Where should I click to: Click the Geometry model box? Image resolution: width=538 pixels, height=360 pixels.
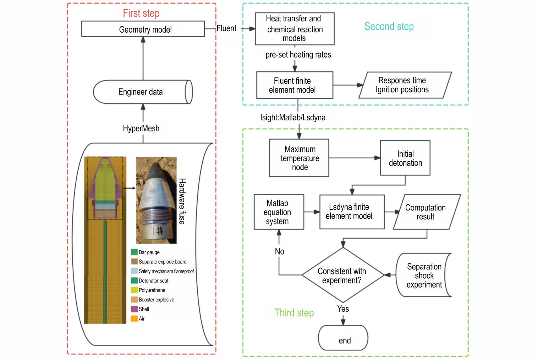coord(143,29)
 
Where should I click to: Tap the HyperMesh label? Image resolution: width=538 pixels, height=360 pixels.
coord(141,129)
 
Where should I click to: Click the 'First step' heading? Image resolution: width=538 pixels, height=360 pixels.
coord(141,13)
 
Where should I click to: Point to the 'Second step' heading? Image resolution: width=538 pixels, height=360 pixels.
coord(389,27)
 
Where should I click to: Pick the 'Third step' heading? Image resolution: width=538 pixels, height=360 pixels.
coord(294,313)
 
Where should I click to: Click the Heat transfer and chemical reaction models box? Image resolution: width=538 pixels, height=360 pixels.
coord(295,29)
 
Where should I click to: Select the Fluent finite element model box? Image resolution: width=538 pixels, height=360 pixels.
coord(295,85)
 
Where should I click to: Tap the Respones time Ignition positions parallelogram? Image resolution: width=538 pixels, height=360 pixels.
coord(405,85)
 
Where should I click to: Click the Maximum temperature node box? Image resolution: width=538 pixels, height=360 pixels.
coord(299,158)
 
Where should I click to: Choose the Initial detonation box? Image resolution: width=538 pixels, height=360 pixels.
coord(405,158)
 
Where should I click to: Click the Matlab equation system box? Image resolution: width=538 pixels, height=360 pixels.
coord(279,212)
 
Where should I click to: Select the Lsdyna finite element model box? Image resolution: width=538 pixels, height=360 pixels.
coord(352,212)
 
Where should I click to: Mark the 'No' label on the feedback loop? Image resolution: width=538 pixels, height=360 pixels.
coord(279,251)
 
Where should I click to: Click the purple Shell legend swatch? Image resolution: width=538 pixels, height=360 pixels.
coord(134,309)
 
